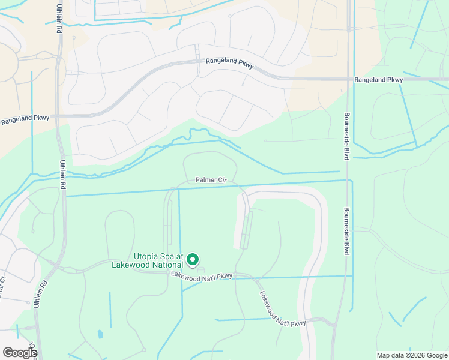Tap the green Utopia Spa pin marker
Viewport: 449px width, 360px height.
point(193,260)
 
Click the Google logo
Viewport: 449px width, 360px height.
point(20,353)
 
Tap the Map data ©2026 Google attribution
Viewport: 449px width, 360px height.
point(412,355)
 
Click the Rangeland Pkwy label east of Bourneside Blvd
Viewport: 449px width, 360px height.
point(378,80)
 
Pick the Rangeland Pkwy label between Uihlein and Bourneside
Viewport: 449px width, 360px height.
point(229,62)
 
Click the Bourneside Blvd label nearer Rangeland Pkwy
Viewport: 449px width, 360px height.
point(346,136)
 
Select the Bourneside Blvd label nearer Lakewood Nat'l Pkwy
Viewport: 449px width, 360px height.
point(346,232)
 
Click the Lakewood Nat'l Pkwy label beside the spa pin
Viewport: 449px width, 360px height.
point(201,275)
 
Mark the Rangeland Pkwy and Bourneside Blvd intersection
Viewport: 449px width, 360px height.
point(348,79)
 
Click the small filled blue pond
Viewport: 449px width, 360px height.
point(100,334)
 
